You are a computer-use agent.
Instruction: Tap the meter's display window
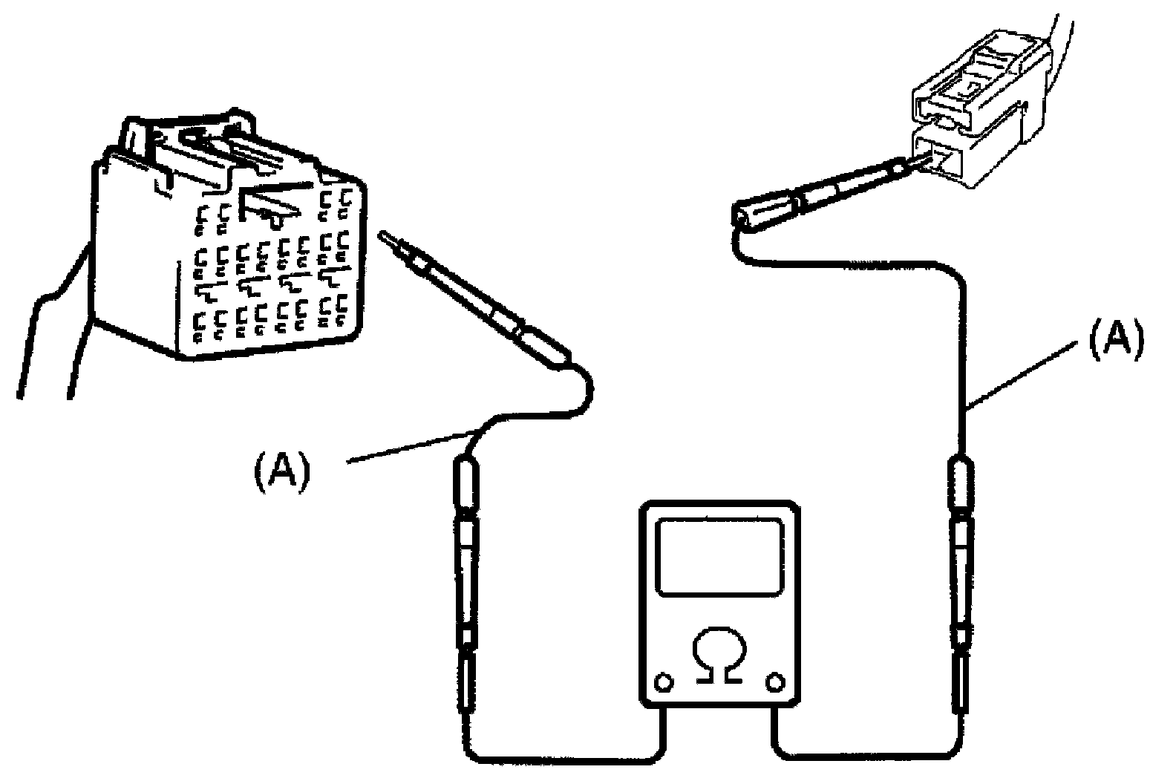[x=721, y=556]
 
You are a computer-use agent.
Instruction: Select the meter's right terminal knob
[x=777, y=681]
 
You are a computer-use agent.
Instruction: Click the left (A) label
[x=281, y=473]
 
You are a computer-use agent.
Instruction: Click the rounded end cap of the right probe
[x=742, y=215]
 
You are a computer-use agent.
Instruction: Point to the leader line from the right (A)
[x=1025, y=375]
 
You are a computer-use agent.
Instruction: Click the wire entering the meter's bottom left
[x=564, y=757]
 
